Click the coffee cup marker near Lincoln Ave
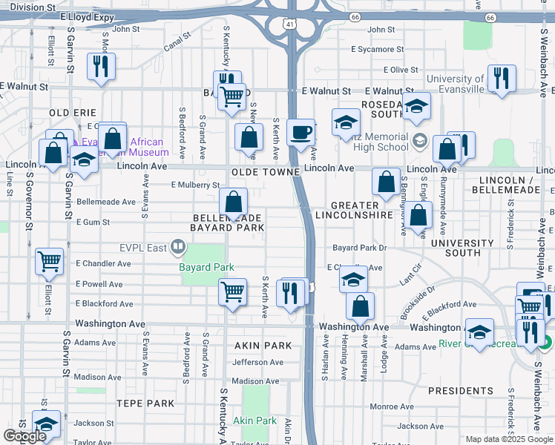[301, 133]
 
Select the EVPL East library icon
[177, 247]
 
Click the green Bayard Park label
[206, 267]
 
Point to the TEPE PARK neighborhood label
[145, 403]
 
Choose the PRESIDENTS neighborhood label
[460, 391]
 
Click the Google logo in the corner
[25, 436]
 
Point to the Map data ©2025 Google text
[508, 439]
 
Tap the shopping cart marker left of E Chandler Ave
[49, 261]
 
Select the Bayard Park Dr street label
[360, 247]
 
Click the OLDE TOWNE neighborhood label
[265, 171]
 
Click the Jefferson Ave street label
[257, 363]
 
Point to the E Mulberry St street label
[195, 185]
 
